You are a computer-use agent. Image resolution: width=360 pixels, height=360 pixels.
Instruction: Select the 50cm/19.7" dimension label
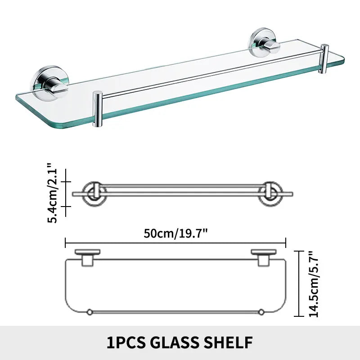[x=175, y=233]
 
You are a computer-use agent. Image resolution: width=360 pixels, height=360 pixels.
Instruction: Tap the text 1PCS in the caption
[x=126, y=342]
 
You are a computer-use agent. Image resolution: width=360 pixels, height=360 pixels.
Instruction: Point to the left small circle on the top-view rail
[x=89, y=311]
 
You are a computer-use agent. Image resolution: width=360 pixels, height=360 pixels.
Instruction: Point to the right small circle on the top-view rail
[x=260, y=311]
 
